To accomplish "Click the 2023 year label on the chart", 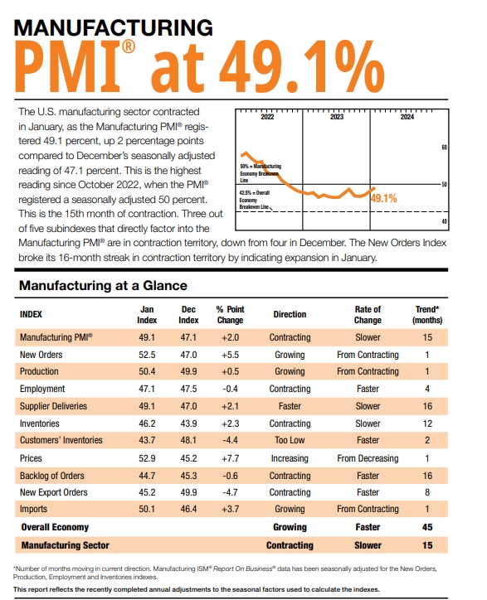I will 337,118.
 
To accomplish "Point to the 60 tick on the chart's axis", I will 444,147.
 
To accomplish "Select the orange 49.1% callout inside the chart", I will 383,198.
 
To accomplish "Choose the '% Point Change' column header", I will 230,314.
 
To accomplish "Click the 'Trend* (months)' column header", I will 427,314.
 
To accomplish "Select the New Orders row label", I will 42,355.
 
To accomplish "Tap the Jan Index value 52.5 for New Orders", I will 147,355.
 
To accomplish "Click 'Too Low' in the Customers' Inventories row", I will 290,440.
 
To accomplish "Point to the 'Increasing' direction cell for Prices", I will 290,457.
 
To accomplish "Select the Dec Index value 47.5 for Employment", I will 188,389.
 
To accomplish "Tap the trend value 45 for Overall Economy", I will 427,526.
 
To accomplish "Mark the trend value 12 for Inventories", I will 427,423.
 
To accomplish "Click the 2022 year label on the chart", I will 267,118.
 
